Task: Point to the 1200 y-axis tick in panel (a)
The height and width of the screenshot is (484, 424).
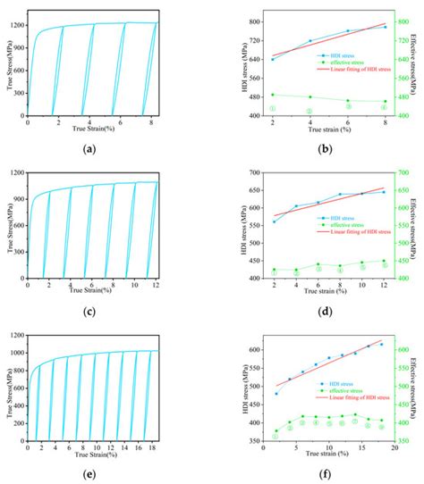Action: click(18, 24)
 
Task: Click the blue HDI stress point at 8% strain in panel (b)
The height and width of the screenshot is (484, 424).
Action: click(386, 27)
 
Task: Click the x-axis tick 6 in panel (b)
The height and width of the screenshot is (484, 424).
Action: click(348, 121)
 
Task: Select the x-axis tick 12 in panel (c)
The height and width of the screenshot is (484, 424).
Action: click(155, 283)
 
